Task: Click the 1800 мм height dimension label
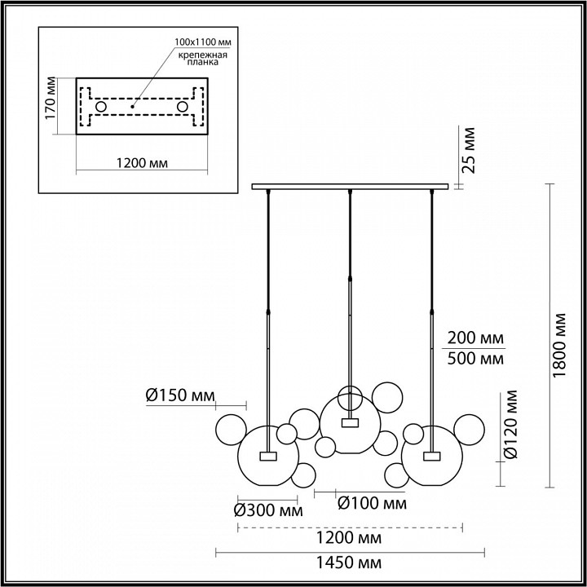pos(559,345)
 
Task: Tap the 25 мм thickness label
pos(468,150)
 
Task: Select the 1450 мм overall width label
pos(349,563)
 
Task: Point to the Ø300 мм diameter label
pos(268,510)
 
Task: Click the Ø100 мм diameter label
pos(372,503)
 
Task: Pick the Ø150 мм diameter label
pos(180,395)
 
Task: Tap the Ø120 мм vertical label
pos(510,424)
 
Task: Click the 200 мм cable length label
pos(475,338)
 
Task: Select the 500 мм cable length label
pos(475,359)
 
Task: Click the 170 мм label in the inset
pos(51,98)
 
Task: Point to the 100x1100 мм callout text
pos(202,42)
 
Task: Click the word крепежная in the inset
pos(202,55)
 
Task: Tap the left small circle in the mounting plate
pos(101,107)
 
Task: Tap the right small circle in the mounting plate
pos(183,107)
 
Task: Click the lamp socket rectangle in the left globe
pos(268,456)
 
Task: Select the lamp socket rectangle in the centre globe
pos(350,422)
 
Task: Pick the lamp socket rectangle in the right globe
pos(432,456)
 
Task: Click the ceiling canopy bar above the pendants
pos(350,187)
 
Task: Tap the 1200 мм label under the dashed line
pos(349,538)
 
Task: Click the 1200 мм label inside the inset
pos(142,163)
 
